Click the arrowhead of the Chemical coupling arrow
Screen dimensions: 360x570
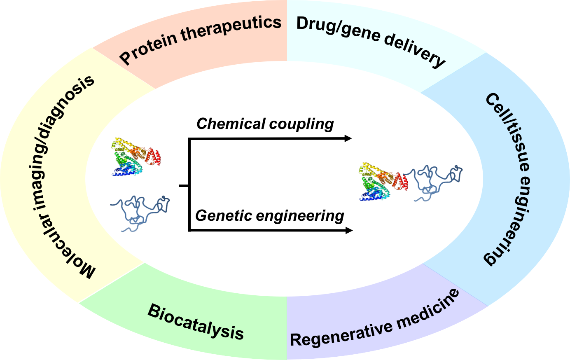348,138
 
